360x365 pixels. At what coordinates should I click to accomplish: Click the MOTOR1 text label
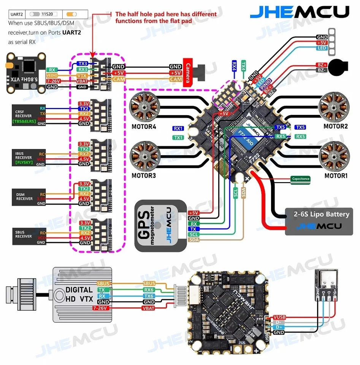pos(336,176)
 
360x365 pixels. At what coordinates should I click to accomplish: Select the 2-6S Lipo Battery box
pos(319,221)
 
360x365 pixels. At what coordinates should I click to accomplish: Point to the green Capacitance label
pos(301,179)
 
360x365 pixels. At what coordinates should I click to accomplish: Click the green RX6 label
pos(149,290)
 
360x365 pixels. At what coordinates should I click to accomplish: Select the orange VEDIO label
pos(52,76)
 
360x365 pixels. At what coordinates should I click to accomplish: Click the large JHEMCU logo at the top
pos(300,12)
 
